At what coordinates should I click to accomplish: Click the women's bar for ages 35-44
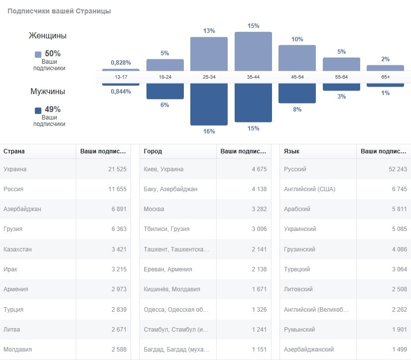253,51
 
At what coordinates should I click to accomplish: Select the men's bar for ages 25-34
209,104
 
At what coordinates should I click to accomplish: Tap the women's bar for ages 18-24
165,65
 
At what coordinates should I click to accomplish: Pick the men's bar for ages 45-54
297,93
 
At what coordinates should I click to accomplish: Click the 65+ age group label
385,77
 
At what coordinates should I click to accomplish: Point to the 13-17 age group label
121,77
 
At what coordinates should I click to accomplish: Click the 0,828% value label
121,63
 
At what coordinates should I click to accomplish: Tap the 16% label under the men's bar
209,131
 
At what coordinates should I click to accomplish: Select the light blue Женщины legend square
38,54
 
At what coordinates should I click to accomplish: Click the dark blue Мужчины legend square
38,110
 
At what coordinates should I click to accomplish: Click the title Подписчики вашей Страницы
59,11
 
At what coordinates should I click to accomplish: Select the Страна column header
14,151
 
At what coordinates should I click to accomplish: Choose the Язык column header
291,151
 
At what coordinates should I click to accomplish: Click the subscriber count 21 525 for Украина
117,169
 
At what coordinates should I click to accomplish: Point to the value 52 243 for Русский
398,169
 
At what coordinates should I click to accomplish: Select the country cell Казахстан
17,249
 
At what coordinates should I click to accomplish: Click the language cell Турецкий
297,269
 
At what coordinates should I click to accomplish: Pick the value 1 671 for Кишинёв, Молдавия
259,289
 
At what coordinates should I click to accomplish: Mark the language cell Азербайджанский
309,350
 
